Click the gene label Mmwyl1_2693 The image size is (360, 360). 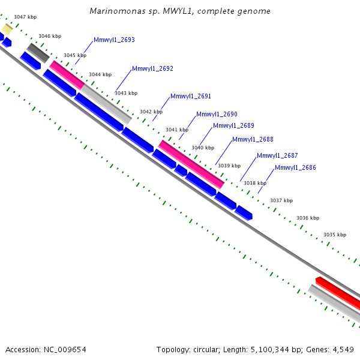click(x=114, y=40)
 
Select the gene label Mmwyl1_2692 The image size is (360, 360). click(x=152, y=68)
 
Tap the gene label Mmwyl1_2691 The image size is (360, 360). click(x=191, y=96)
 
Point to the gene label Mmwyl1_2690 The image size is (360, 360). click(x=217, y=114)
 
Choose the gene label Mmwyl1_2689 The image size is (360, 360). click(x=234, y=125)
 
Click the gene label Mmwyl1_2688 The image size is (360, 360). click(x=253, y=139)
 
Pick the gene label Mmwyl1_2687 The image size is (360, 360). click(x=277, y=155)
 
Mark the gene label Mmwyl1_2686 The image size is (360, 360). click(x=295, y=167)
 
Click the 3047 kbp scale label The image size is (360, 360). click(x=25, y=17)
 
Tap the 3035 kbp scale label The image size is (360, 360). click(x=335, y=235)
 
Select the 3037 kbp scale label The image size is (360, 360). click(x=281, y=200)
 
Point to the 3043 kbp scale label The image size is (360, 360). click(x=126, y=93)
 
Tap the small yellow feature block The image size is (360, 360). click(x=7, y=29)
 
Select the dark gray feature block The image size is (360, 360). click(x=38, y=53)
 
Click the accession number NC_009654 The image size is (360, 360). click(x=65, y=350)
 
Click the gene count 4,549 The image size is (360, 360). click(x=343, y=350)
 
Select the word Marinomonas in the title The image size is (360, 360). click(x=118, y=11)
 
